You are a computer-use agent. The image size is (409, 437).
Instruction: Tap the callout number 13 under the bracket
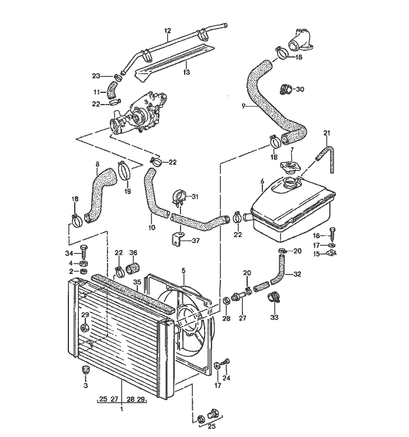tap(186, 72)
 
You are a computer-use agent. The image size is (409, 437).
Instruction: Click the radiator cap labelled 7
tap(290, 168)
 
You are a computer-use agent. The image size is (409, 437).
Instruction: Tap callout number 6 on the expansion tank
tap(262, 182)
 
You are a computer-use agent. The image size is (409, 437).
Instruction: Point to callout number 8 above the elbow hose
tap(97, 164)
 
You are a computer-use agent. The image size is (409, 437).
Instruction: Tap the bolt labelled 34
tap(84, 253)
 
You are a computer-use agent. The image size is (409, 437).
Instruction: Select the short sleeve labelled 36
tap(133, 269)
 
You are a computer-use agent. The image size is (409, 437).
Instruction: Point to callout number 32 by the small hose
tap(297, 273)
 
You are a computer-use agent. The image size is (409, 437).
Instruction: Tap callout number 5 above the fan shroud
tap(183, 271)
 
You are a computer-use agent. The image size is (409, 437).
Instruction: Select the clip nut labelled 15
tap(334, 254)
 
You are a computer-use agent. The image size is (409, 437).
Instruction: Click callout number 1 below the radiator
tap(122, 410)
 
